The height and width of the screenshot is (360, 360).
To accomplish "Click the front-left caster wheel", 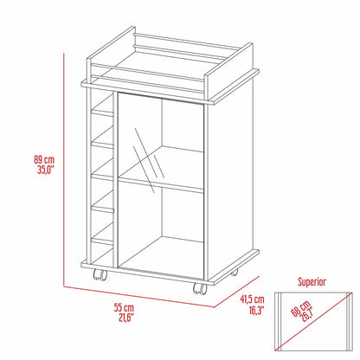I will [100, 278].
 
